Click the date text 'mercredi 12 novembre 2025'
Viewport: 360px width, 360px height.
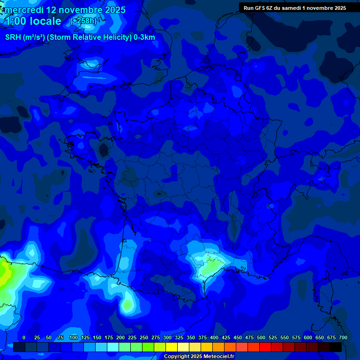coord(65,10)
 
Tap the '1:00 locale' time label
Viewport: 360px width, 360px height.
coord(33,22)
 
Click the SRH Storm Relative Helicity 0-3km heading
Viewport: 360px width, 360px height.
coord(80,37)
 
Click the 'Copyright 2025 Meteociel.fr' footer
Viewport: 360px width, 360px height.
coord(199,357)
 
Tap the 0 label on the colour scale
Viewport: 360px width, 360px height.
coord(24,337)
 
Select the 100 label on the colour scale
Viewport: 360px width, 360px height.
coord(74,337)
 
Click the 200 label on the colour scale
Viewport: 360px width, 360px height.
coord(120,337)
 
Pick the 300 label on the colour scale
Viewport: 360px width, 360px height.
coord(167,337)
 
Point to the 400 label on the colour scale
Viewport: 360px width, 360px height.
coord(214,337)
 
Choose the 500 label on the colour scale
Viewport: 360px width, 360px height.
coord(261,337)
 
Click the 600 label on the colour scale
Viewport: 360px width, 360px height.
coord(308,337)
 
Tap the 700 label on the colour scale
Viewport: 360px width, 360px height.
coord(343,337)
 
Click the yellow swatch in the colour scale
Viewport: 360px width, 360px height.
coord(172,347)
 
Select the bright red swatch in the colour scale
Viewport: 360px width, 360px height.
coord(265,347)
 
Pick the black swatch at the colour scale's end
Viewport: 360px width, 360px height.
coord(336,347)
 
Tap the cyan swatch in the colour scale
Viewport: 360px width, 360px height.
coord(113,347)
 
